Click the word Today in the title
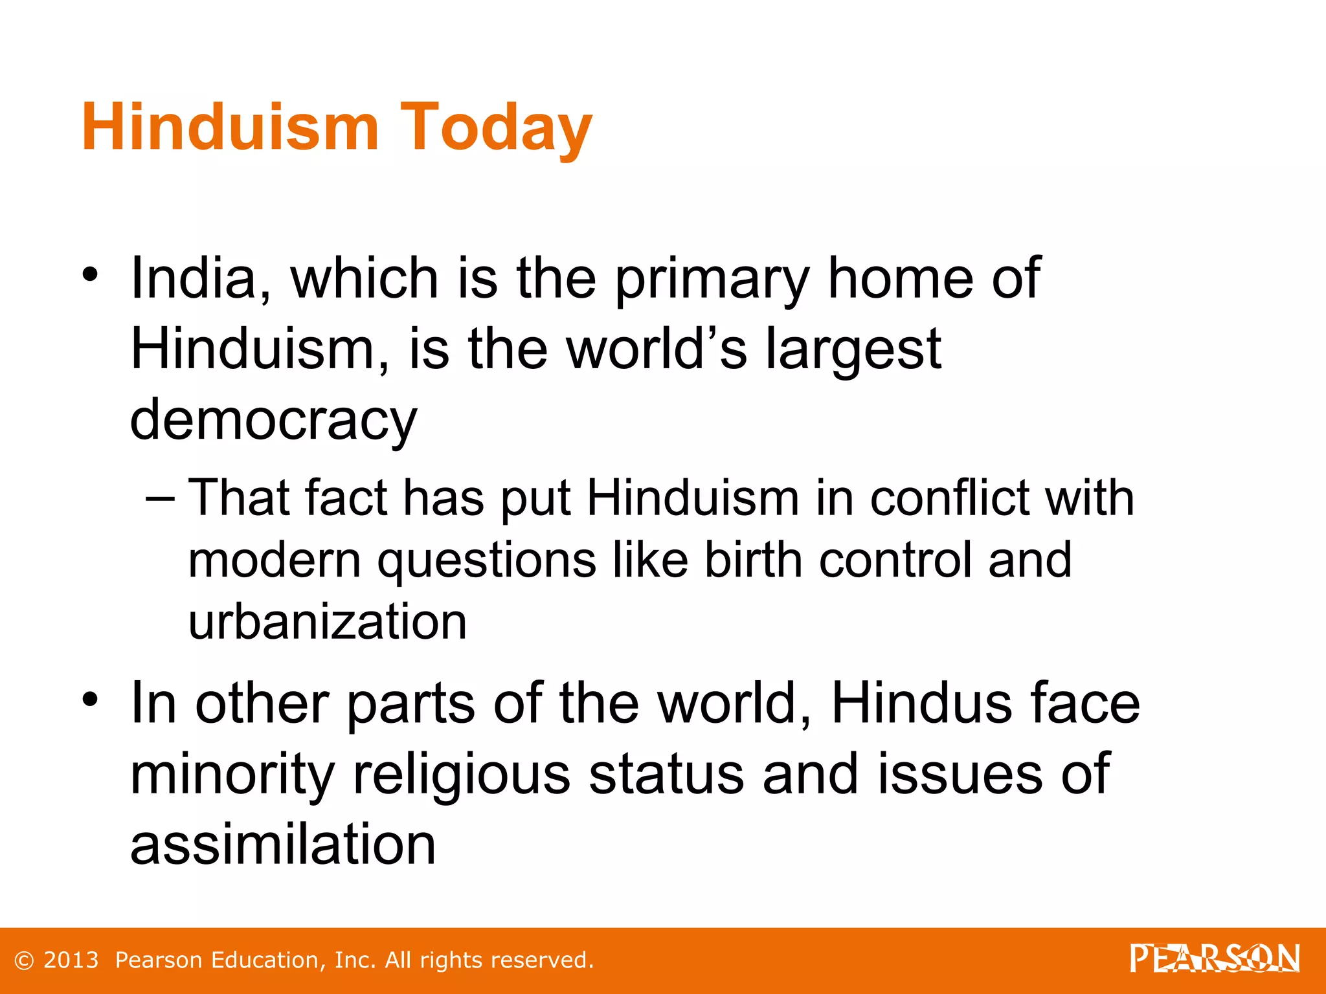(x=495, y=127)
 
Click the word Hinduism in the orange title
(x=230, y=127)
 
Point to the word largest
(x=853, y=349)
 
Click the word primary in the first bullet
(x=712, y=278)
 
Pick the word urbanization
(x=327, y=621)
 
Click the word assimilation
(x=283, y=845)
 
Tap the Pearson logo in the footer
(x=1215, y=958)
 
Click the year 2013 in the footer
(x=71, y=960)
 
